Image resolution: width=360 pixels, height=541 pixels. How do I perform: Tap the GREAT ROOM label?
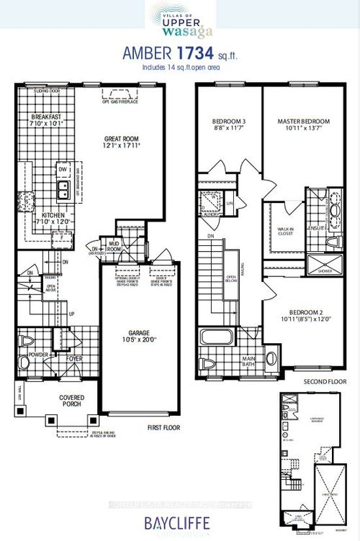point(120,138)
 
